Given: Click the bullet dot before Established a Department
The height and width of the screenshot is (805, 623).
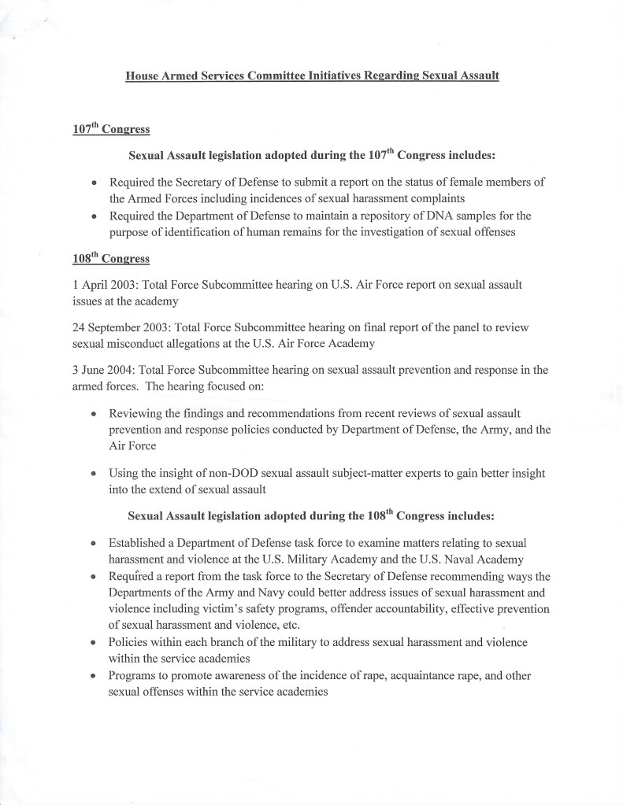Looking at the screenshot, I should pyautogui.click(x=94, y=544).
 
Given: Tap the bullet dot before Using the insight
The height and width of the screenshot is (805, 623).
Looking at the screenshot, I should pyautogui.click(x=94, y=475).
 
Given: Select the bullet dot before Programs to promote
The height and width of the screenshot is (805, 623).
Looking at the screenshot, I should pyautogui.click(x=94, y=677).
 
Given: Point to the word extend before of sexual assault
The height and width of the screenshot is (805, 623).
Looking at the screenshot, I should pyautogui.click(x=170, y=489).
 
